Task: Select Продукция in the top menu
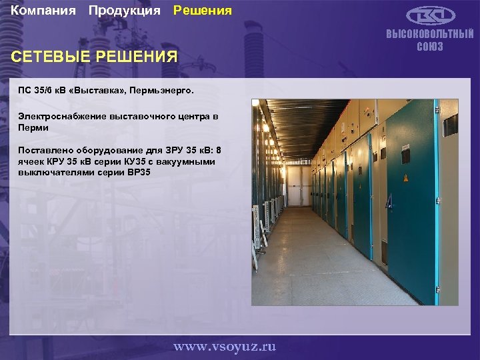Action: tap(124, 11)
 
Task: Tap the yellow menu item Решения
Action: tap(203, 11)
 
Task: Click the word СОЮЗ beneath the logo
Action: tap(430, 47)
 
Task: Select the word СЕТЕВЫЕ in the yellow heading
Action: tap(48, 57)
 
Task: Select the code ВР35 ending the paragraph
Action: tap(137, 173)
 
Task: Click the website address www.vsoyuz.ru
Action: tap(225, 347)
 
